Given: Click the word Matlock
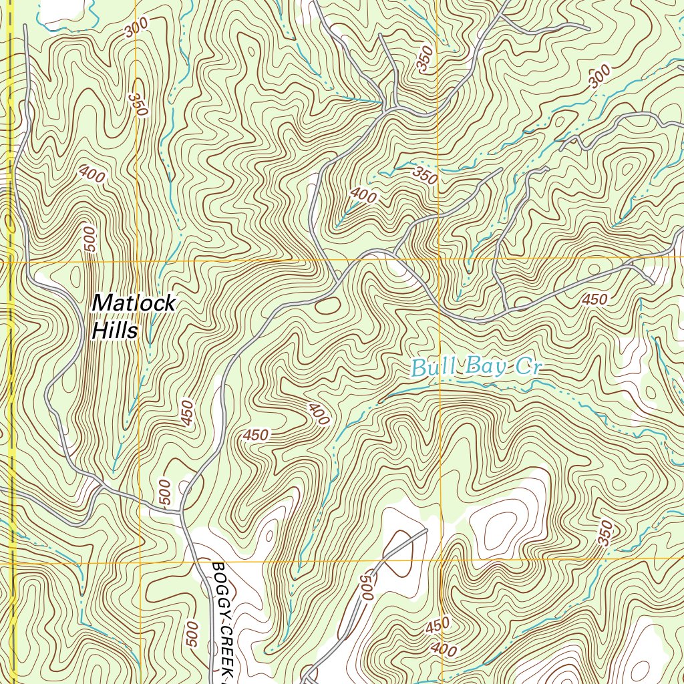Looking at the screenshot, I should [134, 303].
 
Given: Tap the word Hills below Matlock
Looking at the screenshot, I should [115, 330].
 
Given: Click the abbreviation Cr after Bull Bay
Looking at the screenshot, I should [527, 367].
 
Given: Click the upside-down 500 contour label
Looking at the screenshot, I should [365, 588].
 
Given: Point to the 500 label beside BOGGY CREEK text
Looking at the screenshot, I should [192, 633].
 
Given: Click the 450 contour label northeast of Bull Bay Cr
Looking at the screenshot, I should [594, 300].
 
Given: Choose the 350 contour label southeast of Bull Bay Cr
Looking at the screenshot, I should [605, 533].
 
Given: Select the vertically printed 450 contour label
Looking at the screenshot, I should [186, 413].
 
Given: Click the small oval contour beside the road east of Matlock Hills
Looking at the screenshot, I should [326, 306].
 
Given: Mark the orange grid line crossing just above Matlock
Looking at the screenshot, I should [200, 261].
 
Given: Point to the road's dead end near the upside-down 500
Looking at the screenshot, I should [425, 532].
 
